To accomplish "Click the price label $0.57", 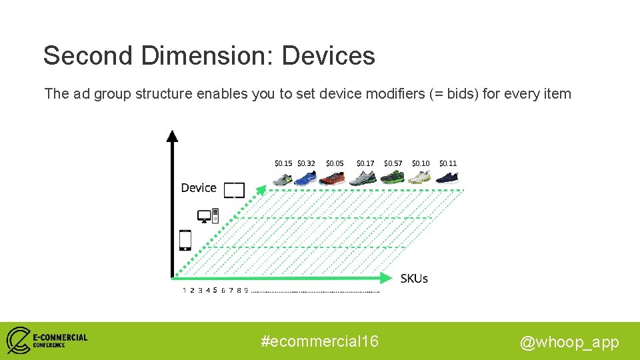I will [393, 163].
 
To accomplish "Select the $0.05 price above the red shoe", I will [335, 163].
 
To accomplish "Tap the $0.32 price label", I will [306, 163].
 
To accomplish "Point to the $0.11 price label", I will [448, 163].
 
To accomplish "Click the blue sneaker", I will [306, 179].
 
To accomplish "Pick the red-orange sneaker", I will [332, 179].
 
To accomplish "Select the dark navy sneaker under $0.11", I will [447, 178].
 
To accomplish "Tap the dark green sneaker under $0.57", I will [393, 178].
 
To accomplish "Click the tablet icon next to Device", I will [234, 190].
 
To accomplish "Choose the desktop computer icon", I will [208, 216].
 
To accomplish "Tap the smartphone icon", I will [185, 240].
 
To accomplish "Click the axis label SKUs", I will [414, 279].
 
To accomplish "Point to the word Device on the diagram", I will [199, 188].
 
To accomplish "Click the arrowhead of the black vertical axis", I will [173, 135].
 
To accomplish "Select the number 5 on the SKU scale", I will [215, 290].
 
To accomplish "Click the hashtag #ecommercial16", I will [320, 341].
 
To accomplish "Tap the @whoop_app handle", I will [569, 343].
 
